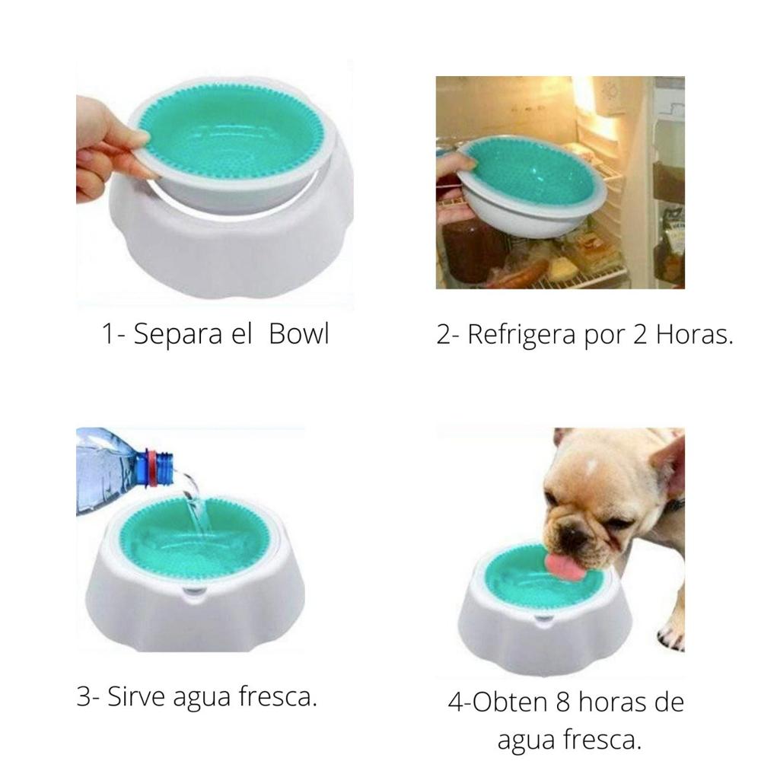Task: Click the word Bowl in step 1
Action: pos(299,335)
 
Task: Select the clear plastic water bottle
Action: pos(114,464)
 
